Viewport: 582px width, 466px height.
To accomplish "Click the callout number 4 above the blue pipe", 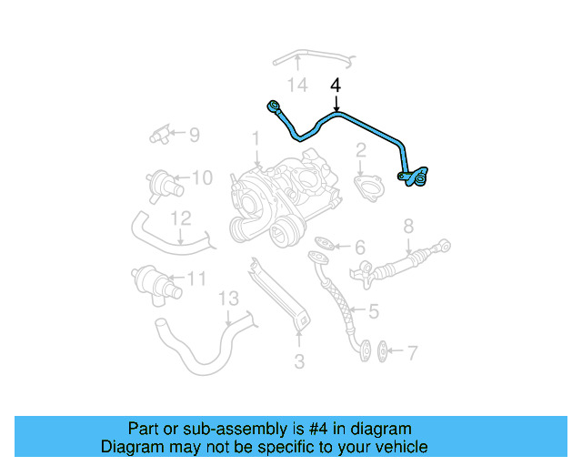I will [x=336, y=86].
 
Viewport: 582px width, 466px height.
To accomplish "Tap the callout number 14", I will [x=298, y=86].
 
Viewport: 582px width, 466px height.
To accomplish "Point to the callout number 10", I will [x=202, y=177].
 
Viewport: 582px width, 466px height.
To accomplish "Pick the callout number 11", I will [x=196, y=279].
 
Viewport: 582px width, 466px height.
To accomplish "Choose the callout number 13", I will [x=227, y=299].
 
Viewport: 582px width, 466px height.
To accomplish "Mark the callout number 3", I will [x=298, y=362].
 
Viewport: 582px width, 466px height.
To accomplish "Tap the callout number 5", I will [x=373, y=311].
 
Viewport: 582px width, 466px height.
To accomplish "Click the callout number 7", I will [x=411, y=350].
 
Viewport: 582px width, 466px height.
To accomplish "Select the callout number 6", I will [x=359, y=247].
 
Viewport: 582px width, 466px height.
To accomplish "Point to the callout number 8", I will [x=408, y=226].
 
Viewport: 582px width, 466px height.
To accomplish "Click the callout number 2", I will [x=361, y=149].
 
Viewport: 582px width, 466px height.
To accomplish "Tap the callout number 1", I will [x=256, y=139].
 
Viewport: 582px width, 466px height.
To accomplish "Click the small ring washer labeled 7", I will [x=383, y=349].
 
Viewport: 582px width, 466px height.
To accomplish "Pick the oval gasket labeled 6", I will [x=324, y=243].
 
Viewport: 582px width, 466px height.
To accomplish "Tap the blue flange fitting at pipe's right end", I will [x=416, y=176].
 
